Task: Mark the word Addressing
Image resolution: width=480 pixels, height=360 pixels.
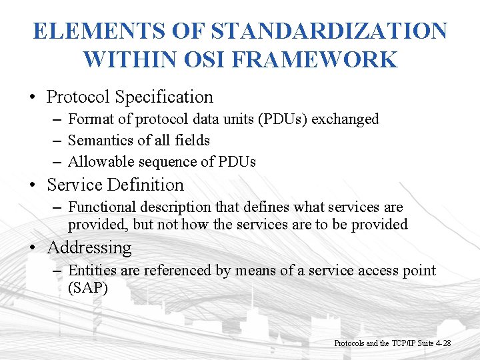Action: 89,248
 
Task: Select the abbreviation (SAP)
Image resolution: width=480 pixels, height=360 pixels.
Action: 87,288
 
